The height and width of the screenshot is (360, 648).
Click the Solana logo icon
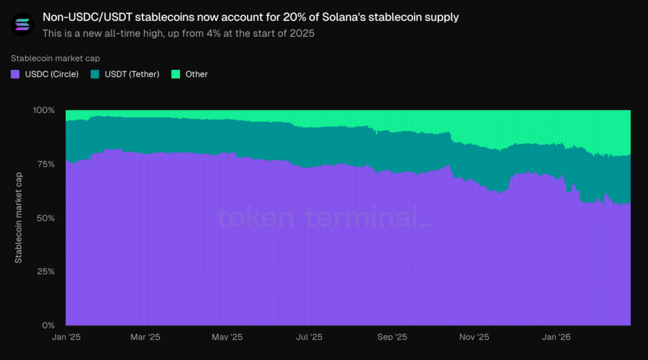tap(23, 24)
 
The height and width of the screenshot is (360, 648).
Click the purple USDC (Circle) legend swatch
tap(15, 74)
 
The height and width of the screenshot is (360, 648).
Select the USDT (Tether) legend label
tap(132, 74)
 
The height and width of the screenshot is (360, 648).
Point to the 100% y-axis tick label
tap(44, 110)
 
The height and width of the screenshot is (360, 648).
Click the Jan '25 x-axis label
tap(66, 337)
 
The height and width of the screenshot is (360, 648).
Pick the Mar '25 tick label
tap(145, 337)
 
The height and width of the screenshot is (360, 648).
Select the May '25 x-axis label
tap(227, 337)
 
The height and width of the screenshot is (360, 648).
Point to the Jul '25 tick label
tap(309, 337)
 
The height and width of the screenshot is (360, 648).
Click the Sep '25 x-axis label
tap(392, 337)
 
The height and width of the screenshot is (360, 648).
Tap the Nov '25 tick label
tap(474, 337)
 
